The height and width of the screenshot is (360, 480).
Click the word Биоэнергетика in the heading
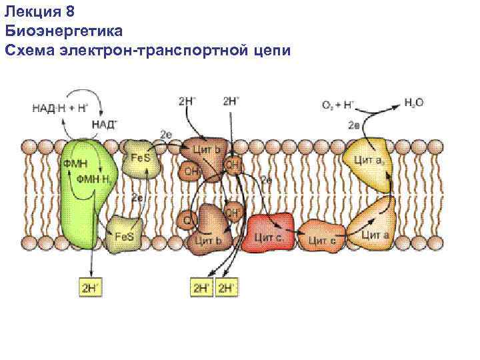tap(63, 31)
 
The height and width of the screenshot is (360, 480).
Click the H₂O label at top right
tap(413, 103)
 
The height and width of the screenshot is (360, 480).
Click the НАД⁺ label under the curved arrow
tap(104, 124)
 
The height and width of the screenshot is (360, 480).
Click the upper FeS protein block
tap(141, 161)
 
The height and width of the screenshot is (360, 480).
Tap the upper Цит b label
tap(207, 149)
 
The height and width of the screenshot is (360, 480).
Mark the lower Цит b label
tap(208, 239)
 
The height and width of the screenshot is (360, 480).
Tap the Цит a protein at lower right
tap(375, 229)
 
